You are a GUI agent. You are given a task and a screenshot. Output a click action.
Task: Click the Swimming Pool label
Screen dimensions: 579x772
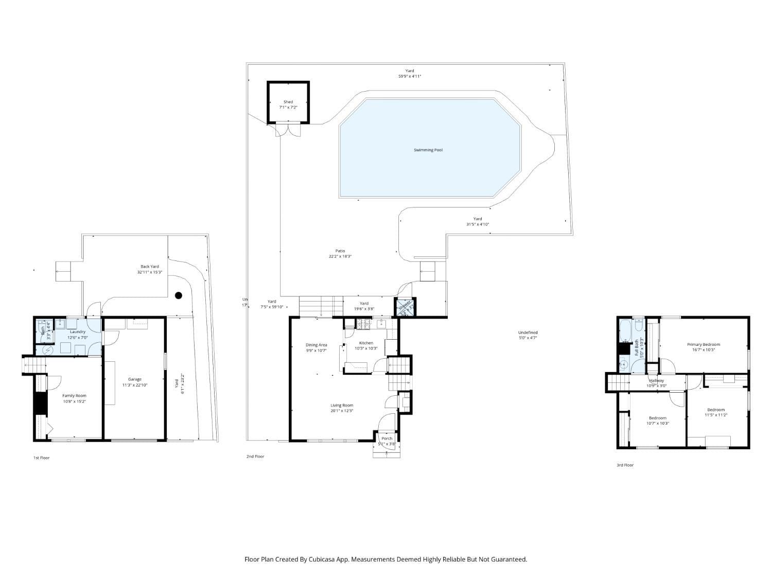point(428,150)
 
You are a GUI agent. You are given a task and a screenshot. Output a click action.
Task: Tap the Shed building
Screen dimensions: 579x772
point(288,103)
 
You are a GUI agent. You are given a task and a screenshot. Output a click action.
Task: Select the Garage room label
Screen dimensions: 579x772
point(135,379)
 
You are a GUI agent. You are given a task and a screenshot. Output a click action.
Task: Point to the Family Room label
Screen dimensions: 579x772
point(75,396)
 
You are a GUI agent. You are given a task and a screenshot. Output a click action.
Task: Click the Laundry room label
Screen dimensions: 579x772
point(78,332)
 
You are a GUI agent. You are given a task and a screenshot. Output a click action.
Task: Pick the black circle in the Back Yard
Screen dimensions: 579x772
point(179,295)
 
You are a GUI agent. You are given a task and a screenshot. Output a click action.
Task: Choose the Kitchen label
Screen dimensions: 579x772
point(366,343)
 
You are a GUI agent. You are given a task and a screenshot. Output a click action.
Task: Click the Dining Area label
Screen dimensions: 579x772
point(316,345)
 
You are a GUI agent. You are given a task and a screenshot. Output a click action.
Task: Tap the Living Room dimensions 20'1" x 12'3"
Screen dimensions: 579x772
point(342,411)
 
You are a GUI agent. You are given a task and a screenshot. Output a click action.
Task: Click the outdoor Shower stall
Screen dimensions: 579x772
point(405,307)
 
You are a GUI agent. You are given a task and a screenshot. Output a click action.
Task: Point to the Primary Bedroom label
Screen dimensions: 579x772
point(703,344)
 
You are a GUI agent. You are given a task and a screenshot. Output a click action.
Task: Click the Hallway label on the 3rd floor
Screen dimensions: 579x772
point(656,381)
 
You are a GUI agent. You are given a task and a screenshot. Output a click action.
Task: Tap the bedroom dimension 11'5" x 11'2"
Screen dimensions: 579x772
point(715,415)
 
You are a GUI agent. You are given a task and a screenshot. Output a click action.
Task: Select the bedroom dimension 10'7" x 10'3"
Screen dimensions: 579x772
point(657,423)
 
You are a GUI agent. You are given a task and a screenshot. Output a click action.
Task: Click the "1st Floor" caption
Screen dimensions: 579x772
point(42,458)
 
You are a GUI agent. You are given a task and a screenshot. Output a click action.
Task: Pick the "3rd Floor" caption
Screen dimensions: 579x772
point(625,465)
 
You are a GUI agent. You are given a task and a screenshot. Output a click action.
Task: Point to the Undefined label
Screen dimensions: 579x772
point(528,332)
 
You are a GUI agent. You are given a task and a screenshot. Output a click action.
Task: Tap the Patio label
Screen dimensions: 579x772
point(340,251)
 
